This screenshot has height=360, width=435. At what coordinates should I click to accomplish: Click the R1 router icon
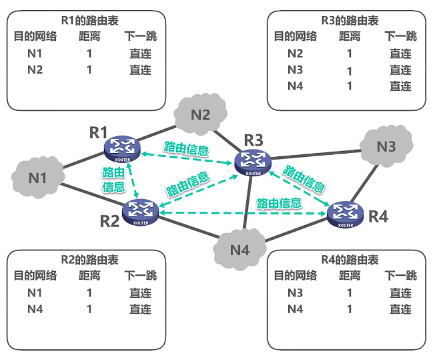[x=121, y=147]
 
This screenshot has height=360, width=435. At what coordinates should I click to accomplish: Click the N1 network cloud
[x=37, y=177]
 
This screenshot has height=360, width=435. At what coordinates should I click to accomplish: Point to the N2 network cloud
[x=200, y=114]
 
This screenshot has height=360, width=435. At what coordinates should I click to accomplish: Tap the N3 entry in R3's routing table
[x=295, y=69]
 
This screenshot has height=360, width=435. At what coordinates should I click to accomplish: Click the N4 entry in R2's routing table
[x=35, y=309]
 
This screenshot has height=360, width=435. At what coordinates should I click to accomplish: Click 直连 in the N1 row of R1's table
[x=140, y=53]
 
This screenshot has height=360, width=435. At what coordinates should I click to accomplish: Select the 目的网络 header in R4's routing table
[x=295, y=275]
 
